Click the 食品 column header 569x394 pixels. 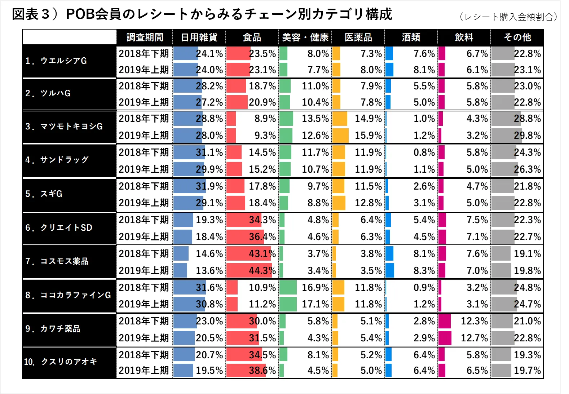pos(252,37)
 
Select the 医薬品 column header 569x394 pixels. pos(358,37)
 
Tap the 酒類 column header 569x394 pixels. pos(411,37)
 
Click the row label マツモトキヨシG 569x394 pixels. pos(64,127)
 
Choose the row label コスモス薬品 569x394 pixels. pos(57,261)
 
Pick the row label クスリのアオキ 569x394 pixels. pos(61,362)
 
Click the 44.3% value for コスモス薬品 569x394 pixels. pos(262,270)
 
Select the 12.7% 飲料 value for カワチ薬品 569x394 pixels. pos(474,338)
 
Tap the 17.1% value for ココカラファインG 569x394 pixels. pos(315,304)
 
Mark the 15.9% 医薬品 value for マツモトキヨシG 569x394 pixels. pos(368,136)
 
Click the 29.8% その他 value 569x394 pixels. pos(527,136)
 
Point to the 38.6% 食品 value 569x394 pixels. pos(262,371)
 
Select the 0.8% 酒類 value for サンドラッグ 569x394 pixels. pos(424,152)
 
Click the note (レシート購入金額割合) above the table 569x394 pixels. pos(508,17)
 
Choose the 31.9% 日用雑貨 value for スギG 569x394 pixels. pos(209,186)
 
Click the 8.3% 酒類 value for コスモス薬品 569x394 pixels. pos(424,270)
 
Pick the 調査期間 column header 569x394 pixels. pos(145,37)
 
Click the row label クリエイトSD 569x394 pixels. pos(59,228)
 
